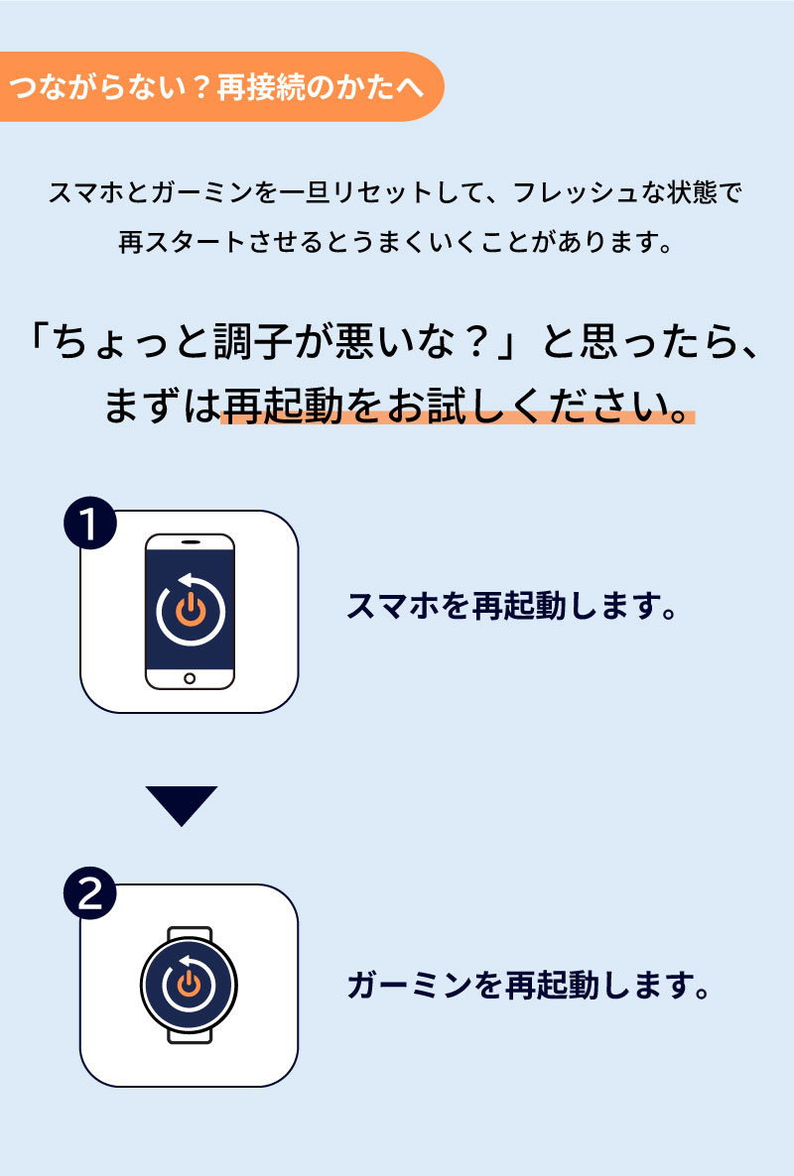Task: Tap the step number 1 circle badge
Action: pos(90,524)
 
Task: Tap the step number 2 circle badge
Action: pos(90,896)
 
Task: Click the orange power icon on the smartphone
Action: pos(190,609)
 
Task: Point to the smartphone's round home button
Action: pos(190,679)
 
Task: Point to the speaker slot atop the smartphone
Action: pos(190,542)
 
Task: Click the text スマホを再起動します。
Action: pos(512,606)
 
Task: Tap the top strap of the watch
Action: pos(190,933)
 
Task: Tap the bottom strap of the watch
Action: pos(190,1033)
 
